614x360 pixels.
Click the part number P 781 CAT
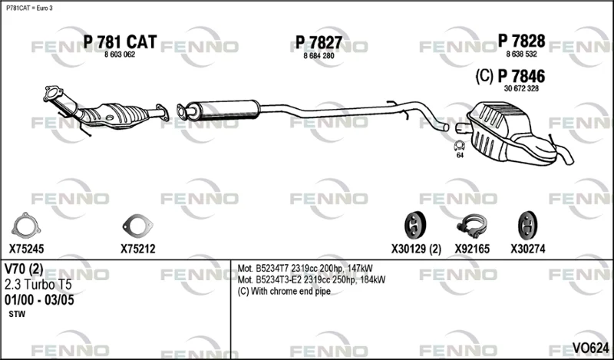click(120, 42)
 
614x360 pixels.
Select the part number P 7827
click(319, 42)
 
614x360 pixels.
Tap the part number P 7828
click(521, 41)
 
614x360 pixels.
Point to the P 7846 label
click(521, 76)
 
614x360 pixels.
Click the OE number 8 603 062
click(120, 54)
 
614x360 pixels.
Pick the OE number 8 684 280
click(319, 56)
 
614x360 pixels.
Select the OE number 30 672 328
click(521, 88)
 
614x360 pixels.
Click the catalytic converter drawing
click(106, 111)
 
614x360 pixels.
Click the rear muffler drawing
click(517, 134)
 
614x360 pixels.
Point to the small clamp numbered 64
click(459, 146)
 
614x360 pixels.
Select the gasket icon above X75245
click(26, 226)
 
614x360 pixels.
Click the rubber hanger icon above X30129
click(415, 226)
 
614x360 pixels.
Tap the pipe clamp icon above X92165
click(472, 226)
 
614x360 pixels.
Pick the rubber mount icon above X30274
click(527, 226)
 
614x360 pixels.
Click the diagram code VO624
click(590, 348)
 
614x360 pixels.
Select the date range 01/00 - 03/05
click(39, 300)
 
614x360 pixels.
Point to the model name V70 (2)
click(24, 269)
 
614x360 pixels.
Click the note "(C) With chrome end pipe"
click(284, 292)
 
